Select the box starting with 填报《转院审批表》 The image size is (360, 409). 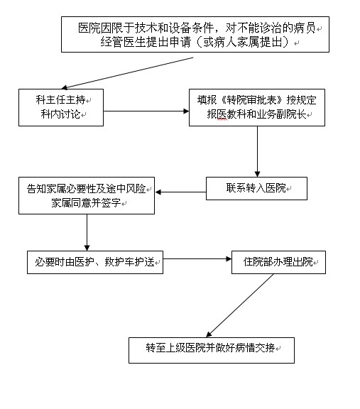(x=256, y=107)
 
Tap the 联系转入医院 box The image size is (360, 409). (x=256, y=188)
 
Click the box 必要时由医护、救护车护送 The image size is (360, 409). (x=95, y=261)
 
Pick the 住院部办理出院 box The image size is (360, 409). (x=278, y=261)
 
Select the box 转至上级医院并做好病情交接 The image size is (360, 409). (x=211, y=349)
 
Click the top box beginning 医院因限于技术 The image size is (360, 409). (x=195, y=35)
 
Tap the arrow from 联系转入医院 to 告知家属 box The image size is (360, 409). (x=180, y=192)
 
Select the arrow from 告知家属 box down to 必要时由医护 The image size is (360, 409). (x=87, y=231)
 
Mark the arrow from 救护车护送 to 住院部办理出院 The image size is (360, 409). (x=197, y=260)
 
